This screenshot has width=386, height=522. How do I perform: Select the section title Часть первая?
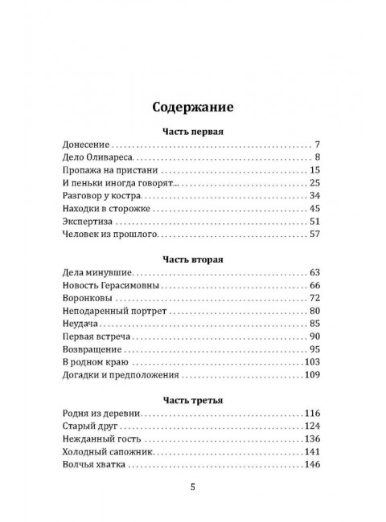coord(192,130)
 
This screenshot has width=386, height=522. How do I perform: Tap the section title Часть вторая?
coord(192,259)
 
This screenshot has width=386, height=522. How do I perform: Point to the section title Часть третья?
coord(192,399)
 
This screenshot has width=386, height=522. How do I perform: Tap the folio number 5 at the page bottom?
coord(192,486)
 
